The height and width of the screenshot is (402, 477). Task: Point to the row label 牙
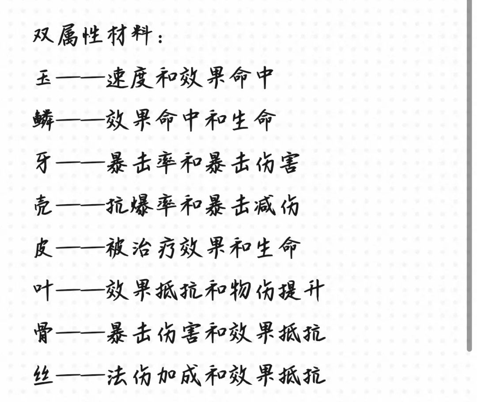pos(45,164)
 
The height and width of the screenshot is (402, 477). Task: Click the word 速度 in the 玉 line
pos(129,78)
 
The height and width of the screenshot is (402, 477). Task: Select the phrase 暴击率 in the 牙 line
pos(142,164)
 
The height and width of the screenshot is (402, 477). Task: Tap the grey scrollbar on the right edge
pos(470,175)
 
